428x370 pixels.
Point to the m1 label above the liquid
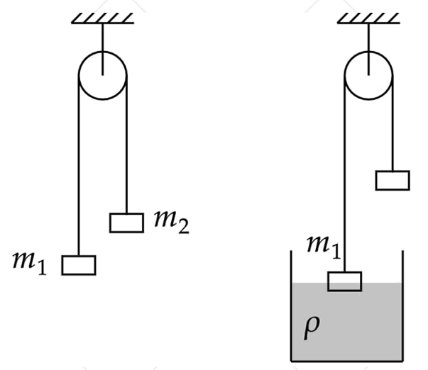(323, 247)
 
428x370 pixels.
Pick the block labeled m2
(127, 223)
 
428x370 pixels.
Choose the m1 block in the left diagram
(78, 264)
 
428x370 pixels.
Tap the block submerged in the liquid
(345, 281)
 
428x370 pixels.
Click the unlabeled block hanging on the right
(393, 180)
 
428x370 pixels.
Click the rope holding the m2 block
(127, 156)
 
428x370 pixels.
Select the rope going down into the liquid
(345, 177)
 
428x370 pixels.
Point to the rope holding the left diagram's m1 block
(78, 177)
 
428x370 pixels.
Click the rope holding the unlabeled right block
(393, 128)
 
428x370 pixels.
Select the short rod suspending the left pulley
(103, 39)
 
